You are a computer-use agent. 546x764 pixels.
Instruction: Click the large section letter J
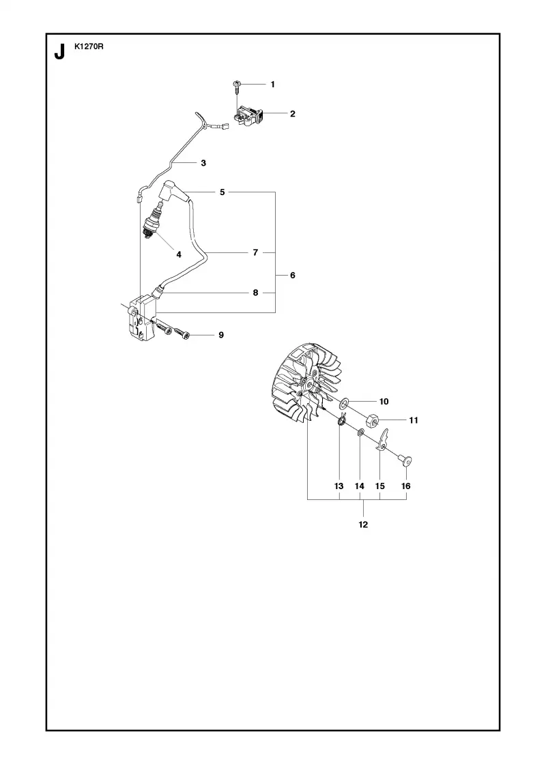pyautogui.click(x=59, y=52)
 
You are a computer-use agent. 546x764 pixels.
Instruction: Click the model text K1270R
pyautogui.click(x=89, y=47)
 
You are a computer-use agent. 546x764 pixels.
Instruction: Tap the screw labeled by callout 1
pyautogui.click(x=236, y=88)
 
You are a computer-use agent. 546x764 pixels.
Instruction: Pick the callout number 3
pyautogui.click(x=203, y=163)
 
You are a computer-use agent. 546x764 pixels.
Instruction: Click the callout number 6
pyautogui.click(x=293, y=276)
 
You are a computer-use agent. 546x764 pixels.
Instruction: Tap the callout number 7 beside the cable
pyautogui.click(x=255, y=252)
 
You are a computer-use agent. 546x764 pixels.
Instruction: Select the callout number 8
pyautogui.click(x=255, y=293)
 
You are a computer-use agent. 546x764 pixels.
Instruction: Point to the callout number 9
pyautogui.click(x=221, y=335)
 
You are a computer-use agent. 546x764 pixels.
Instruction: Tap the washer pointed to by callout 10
pyautogui.click(x=344, y=402)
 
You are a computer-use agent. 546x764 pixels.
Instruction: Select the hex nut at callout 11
pyautogui.click(x=373, y=420)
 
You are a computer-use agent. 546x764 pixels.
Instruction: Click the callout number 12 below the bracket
pyautogui.click(x=363, y=525)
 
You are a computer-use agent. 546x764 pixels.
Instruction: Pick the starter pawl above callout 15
pyautogui.click(x=383, y=439)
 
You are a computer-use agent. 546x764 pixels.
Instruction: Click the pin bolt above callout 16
pyautogui.click(x=404, y=460)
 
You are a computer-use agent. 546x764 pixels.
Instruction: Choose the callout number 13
pyautogui.click(x=339, y=486)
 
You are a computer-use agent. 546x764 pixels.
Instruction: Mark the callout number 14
pyautogui.click(x=359, y=486)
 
